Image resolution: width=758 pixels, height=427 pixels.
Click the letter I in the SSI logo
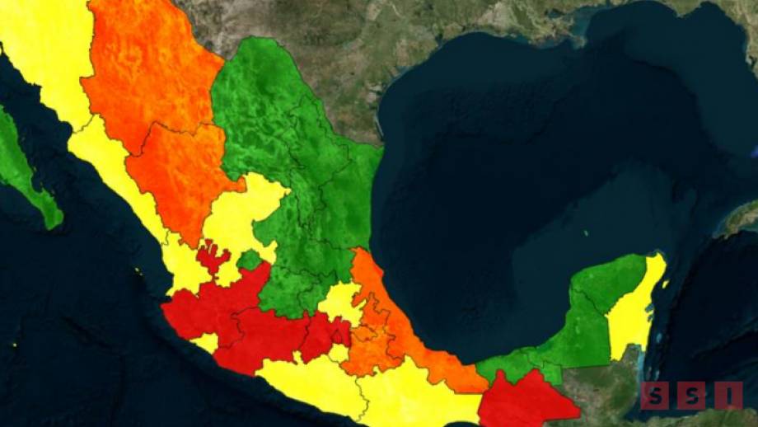tap(728, 396)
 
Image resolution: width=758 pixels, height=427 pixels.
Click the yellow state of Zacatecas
tap(239, 214)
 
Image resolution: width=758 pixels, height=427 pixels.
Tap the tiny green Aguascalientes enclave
tap(248, 260)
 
